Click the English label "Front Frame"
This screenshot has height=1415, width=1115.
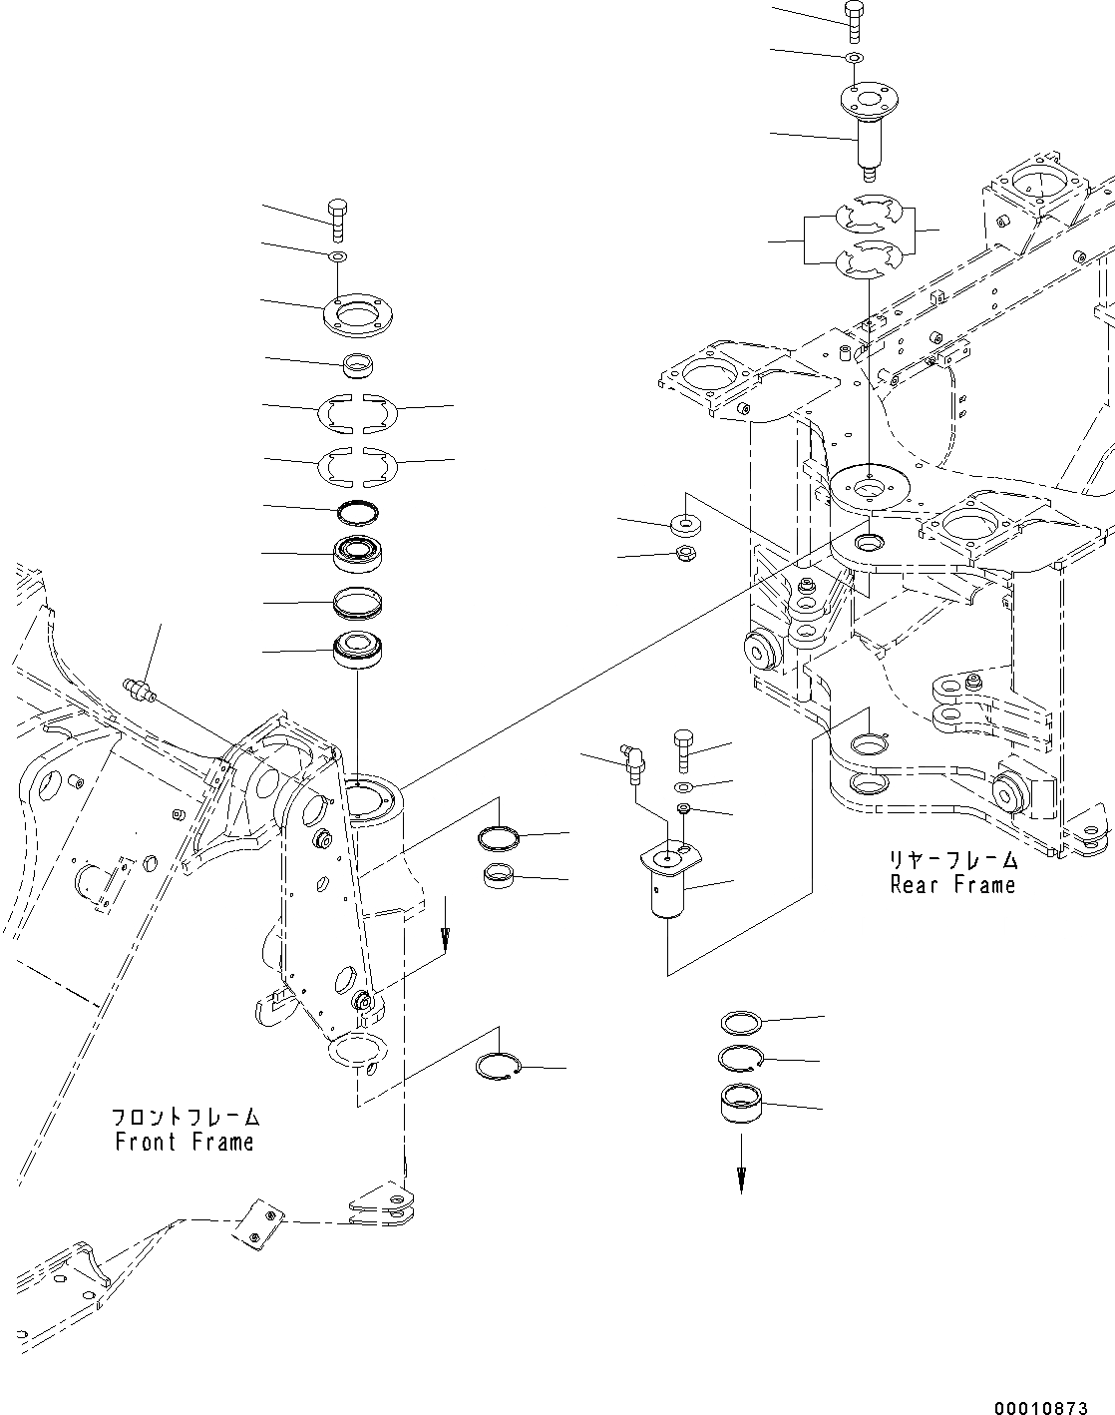[x=185, y=1143]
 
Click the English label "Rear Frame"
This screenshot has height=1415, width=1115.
[x=952, y=884]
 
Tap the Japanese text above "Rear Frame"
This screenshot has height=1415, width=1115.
[x=953, y=858]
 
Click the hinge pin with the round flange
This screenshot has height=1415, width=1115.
[x=868, y=130]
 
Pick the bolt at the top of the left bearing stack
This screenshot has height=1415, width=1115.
[x=336, y=220]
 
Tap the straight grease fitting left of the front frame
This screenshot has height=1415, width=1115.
[x=140, y=690]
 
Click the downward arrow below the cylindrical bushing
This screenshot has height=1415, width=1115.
[x=740, y=1178]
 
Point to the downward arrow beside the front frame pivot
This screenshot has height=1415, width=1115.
[x=445, y=932]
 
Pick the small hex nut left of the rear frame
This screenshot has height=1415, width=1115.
[x=685, y=554]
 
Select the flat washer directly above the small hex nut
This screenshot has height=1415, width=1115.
[x=686, y=522]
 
